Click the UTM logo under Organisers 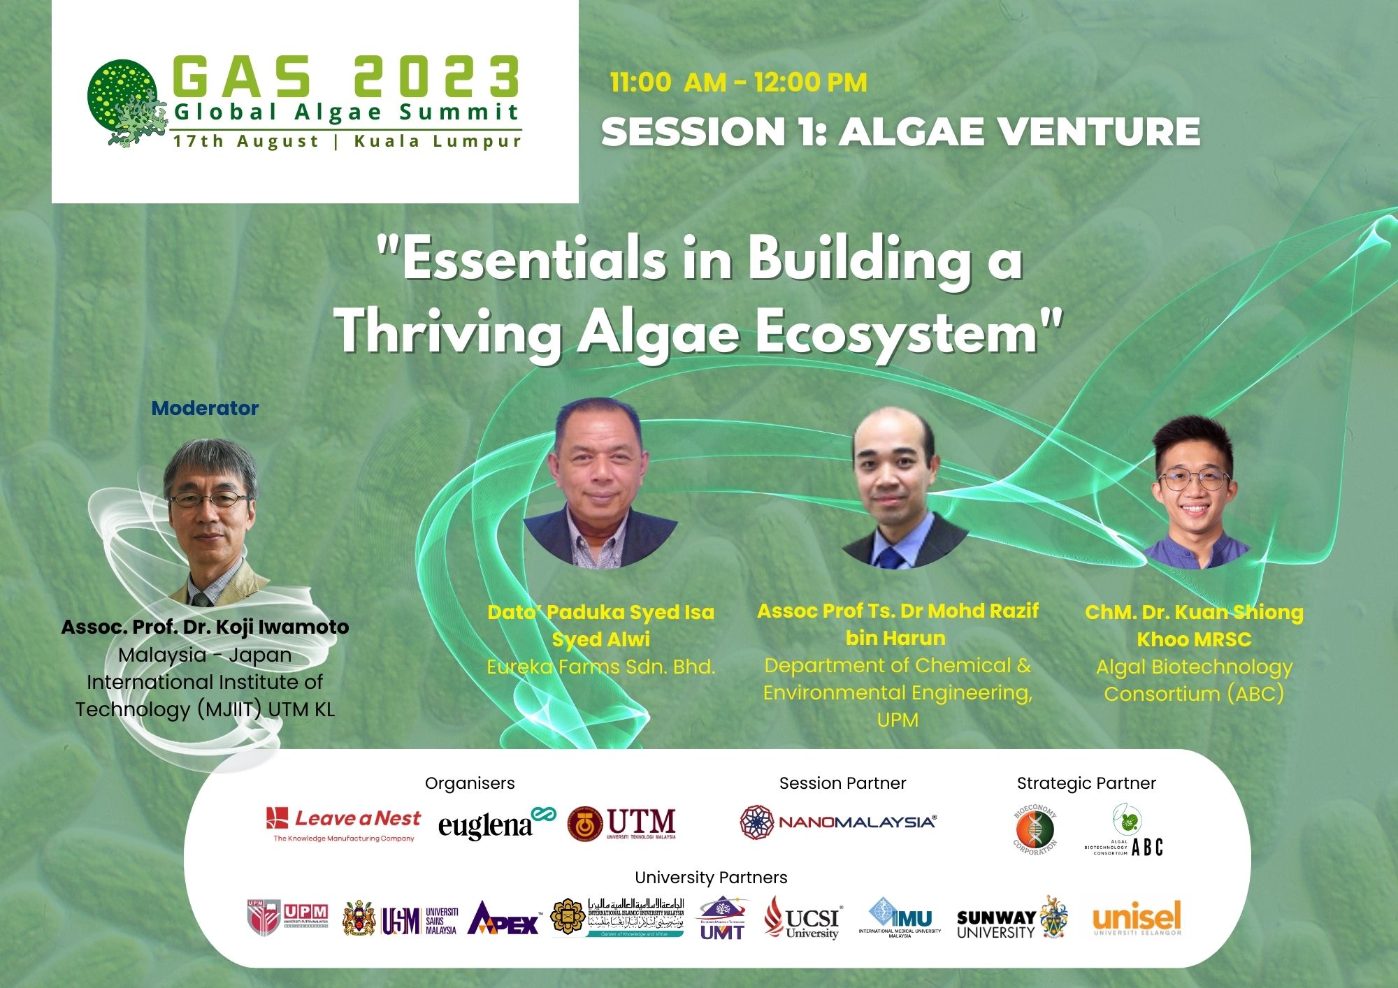click(622, 823)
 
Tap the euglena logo click(496, 824)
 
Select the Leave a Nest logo click(343, 823)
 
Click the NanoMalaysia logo click(837, 822)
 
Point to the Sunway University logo click(1011, 920)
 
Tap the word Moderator click(205, 409)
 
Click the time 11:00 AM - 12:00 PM click(738, 82)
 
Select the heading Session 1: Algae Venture click(900, 131)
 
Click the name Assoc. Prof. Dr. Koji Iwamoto click(205, 627)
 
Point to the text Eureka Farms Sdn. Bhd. click(600, 667)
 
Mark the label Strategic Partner click(1086, 783)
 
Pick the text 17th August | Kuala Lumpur click(347, 141)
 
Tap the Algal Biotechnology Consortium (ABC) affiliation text click(1194, 680)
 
